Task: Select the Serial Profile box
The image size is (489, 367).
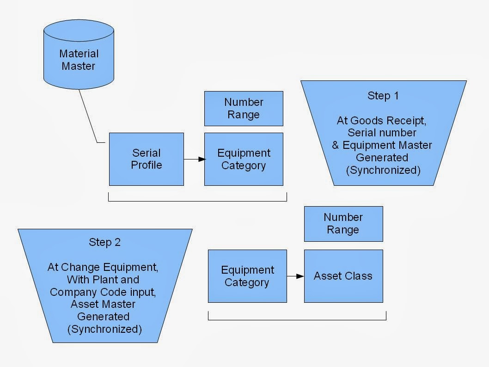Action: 146,159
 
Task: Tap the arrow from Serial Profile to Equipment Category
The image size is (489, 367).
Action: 194,159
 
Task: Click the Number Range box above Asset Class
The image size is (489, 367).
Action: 343,224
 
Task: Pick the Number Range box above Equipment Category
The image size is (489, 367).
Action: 244,109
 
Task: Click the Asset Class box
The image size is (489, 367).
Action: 343,276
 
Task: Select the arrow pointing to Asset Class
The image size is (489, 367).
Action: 295,276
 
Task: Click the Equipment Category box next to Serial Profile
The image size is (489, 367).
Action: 244,159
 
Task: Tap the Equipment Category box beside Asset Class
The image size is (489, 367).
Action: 247,276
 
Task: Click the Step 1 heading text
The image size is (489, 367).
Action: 383,96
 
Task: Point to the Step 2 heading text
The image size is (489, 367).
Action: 104,243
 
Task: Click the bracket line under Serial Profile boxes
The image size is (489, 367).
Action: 197,201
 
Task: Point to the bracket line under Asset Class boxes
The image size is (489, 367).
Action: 297,319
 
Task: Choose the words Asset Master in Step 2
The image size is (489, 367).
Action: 104,305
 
